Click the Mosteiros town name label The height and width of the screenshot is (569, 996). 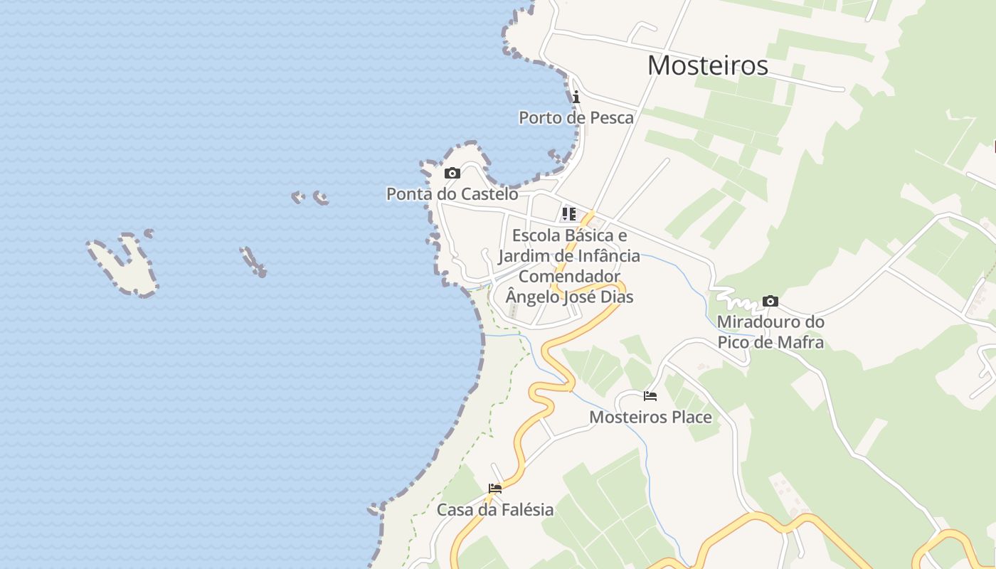coord(707,65)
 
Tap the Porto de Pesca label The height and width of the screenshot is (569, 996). coord(576,117)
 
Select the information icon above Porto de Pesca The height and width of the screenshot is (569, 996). coord(576,97)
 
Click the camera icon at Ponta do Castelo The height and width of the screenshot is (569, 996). coord(452,173)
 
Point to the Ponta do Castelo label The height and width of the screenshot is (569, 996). coord(452,193)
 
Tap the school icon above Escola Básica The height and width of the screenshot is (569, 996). coord(568,213)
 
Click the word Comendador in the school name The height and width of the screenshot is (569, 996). coord(569,276)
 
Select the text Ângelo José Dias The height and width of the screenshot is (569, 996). coord(569,297)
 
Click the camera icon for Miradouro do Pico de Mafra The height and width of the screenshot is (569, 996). coord(770,302)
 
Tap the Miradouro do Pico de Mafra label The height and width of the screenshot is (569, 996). coord(770,332)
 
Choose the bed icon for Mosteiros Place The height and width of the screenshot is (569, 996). coord(650,396)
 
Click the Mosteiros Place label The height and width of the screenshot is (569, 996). coord(650,417)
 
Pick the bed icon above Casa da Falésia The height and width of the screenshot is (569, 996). coord(495,489)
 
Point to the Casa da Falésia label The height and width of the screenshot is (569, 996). coord(495,509)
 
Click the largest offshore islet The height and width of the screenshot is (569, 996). coord(124,267)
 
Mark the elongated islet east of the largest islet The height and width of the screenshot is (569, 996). coord(253,261)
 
